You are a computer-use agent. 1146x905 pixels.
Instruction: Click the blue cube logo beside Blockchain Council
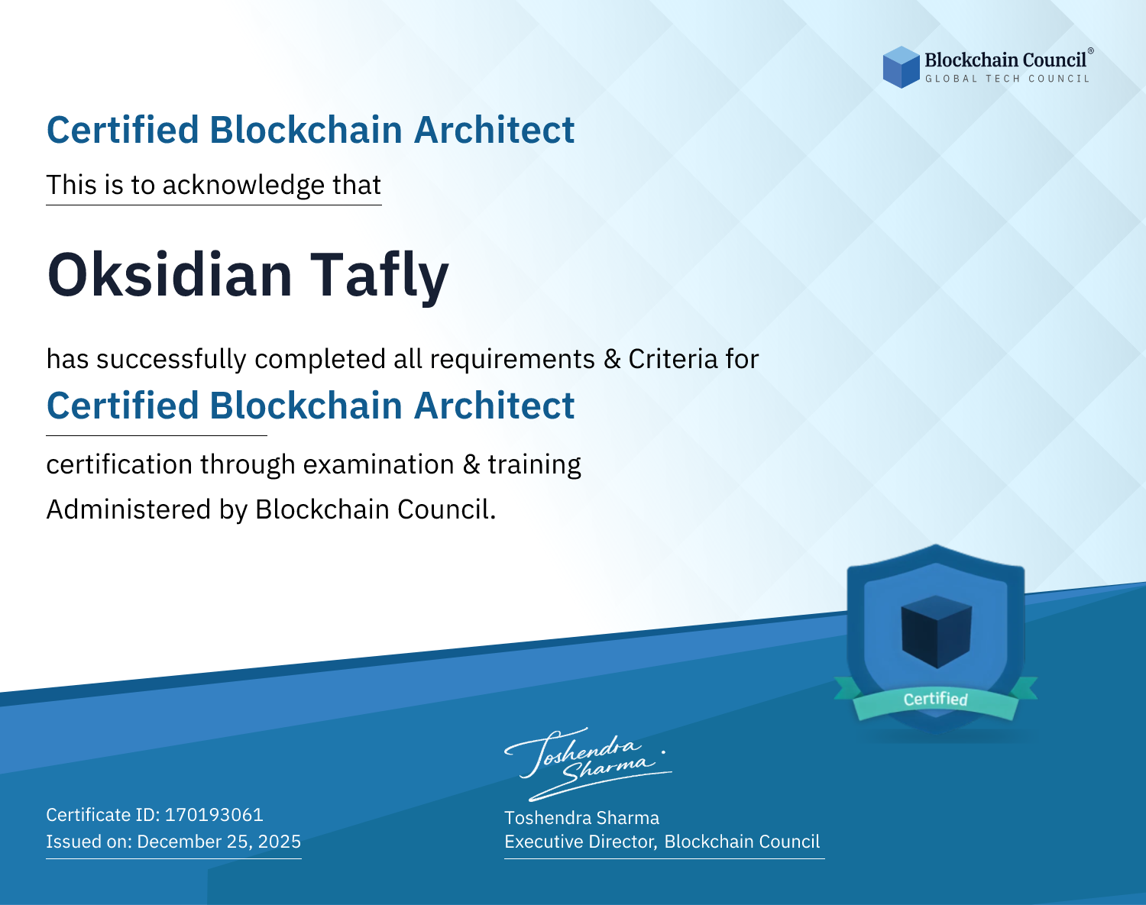(x=901, y=67)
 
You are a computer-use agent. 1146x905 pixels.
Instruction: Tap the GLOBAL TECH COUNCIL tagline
(x=1007, y=79)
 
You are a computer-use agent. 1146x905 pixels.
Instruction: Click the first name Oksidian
(x=170, y=275)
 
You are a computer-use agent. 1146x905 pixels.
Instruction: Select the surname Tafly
(x=379, y=276)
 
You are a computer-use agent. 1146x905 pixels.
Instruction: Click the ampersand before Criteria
(x=612, y=359)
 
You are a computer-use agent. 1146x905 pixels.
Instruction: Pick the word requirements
(x=513, y=360)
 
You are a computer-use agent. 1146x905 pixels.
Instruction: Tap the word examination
(x=379, y=464)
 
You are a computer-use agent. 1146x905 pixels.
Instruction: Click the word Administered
(x=129, y=509)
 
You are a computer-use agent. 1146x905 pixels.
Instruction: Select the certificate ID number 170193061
(x=214, y=814)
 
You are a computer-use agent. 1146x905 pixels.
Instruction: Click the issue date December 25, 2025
(x=219, y=841)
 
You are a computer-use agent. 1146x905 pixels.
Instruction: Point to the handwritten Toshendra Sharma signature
(x=588, y=764)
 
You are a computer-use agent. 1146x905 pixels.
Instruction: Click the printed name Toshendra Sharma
(x=581, y=818)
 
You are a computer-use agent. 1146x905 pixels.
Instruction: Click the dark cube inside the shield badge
(x=936, y=632)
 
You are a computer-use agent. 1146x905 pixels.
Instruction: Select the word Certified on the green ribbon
(x=936, y=699)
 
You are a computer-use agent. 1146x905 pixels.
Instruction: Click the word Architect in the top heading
(x=494, y=130)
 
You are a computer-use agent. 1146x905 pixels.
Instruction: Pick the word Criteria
(x=672, y=359)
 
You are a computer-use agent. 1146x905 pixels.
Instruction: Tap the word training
(x=534, y=465)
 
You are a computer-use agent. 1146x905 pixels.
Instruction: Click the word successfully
(x=171, y=360)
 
